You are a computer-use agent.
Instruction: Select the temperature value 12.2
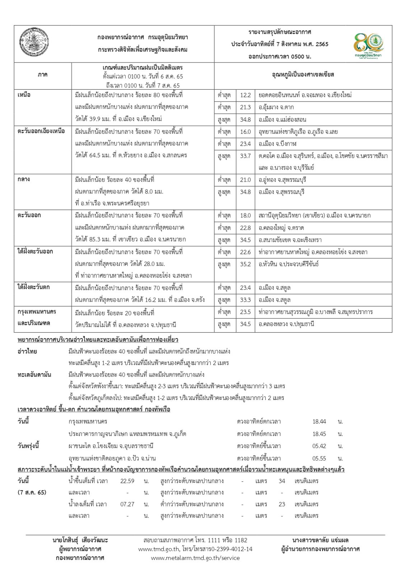click(x=246, y=95)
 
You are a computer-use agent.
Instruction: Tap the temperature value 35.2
click(x=246, y=264)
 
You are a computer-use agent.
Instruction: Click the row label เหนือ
click(x=24, y=95)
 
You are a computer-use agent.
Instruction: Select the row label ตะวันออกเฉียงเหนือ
click(x=41, y=131)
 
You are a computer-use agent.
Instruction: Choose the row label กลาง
click(x=24, y=179)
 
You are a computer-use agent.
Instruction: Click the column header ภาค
click(x=42, y=75)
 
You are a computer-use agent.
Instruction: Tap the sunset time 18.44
click(x=319, y=422)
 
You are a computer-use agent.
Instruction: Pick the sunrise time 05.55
click(x=319, y=458)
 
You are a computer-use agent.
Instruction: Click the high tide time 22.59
click(x=127, y=481)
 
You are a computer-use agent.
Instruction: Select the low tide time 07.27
click(x=127, y=504)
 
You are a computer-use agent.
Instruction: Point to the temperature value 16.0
click(x=246, y=132)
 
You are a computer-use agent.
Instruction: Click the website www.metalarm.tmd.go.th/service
click(x=195, y=558)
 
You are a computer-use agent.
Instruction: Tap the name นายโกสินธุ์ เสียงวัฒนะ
click(x=80, y=540)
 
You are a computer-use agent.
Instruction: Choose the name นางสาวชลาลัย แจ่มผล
click(x=321, y=540)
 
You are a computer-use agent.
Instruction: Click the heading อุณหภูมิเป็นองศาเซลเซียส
click(x=303, y=75)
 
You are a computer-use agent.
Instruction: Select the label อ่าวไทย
click(x=27, y=351)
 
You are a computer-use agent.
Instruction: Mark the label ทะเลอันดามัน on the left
click(x=34, y=375)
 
